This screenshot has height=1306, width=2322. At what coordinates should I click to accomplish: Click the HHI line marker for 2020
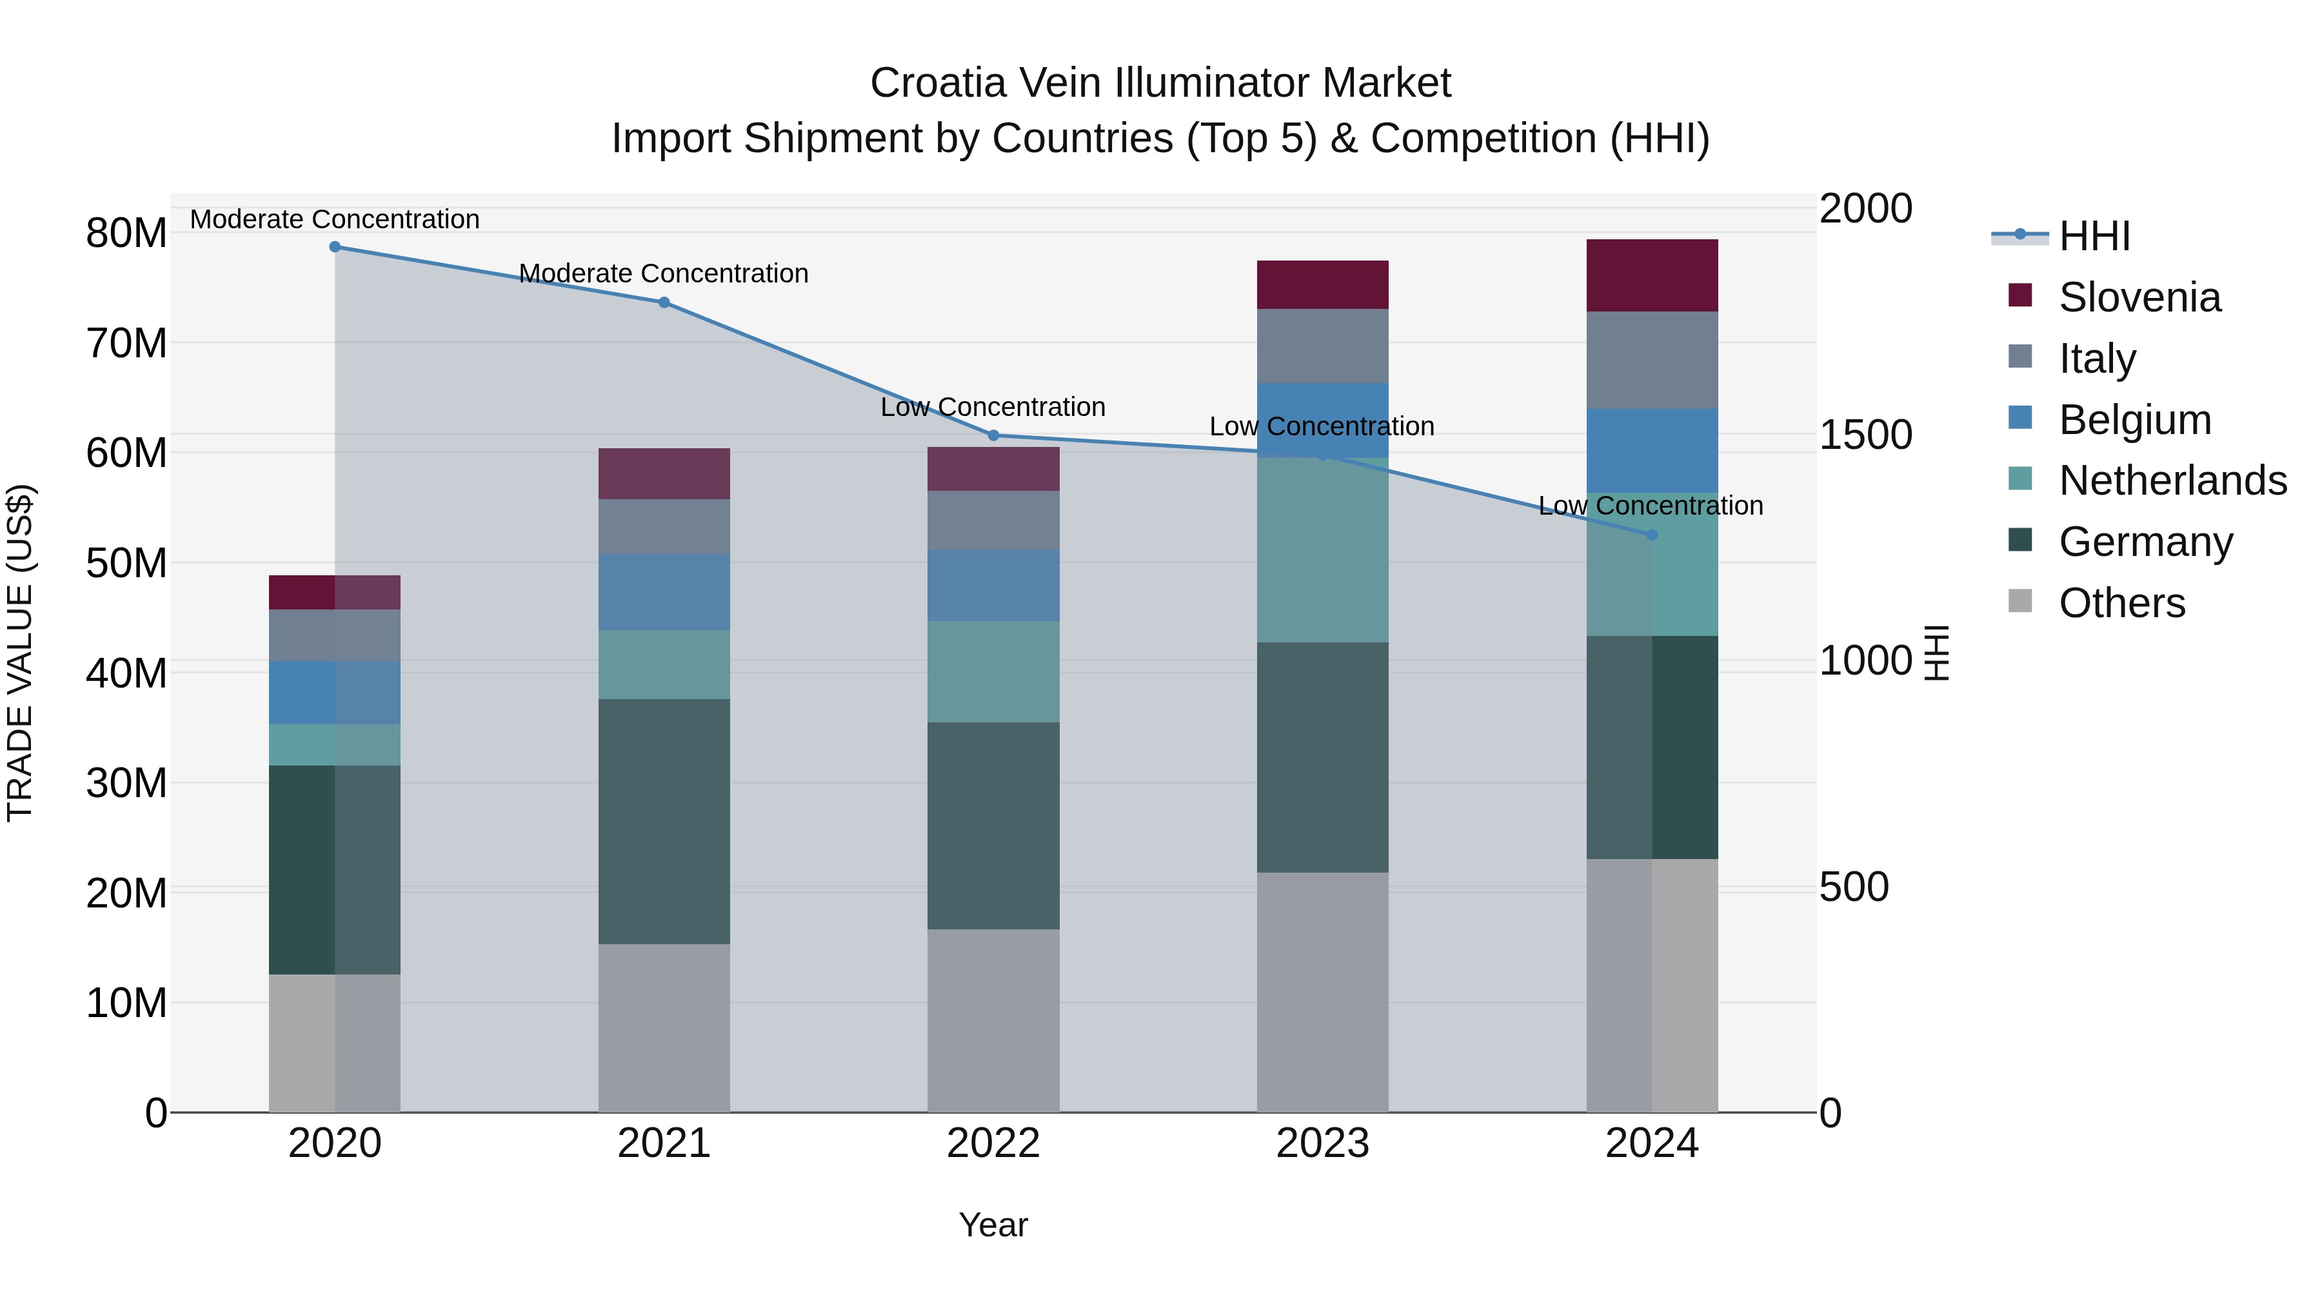(334, 246)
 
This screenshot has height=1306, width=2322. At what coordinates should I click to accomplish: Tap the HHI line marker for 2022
(993, 435)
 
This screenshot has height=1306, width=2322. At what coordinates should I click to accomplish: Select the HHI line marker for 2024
(1652, 535)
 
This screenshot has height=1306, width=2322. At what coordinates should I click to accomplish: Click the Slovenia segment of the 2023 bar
(1322, 285)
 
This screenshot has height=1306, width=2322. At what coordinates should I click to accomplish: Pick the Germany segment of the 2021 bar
(664, 821)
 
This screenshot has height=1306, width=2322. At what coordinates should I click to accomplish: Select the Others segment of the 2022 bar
(993, 1020)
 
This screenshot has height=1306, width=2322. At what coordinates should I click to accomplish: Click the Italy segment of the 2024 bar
(1652, 361)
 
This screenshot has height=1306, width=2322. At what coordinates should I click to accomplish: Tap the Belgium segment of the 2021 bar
(664, 591)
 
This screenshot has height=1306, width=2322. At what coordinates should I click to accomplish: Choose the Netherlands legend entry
(2172, 480)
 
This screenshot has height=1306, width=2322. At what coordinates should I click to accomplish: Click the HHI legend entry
(2094, 236)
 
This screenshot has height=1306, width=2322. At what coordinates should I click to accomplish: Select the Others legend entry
(2122, 603)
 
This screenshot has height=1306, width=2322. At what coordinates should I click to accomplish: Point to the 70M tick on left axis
(126, 343)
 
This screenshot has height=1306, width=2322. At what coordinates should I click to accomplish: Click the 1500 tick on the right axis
(1865, 435)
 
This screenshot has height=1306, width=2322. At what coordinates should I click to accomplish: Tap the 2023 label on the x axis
(1322, 1143)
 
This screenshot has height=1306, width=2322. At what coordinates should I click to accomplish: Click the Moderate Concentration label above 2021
(664, 273)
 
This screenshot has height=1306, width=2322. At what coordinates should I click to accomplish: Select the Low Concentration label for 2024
(1651, 506)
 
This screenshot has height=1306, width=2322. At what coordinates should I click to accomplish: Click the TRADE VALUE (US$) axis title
(21, 653)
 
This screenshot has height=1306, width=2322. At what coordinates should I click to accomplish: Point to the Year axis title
(993, 1225)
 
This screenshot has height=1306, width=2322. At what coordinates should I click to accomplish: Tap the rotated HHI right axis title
(1937, 653)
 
